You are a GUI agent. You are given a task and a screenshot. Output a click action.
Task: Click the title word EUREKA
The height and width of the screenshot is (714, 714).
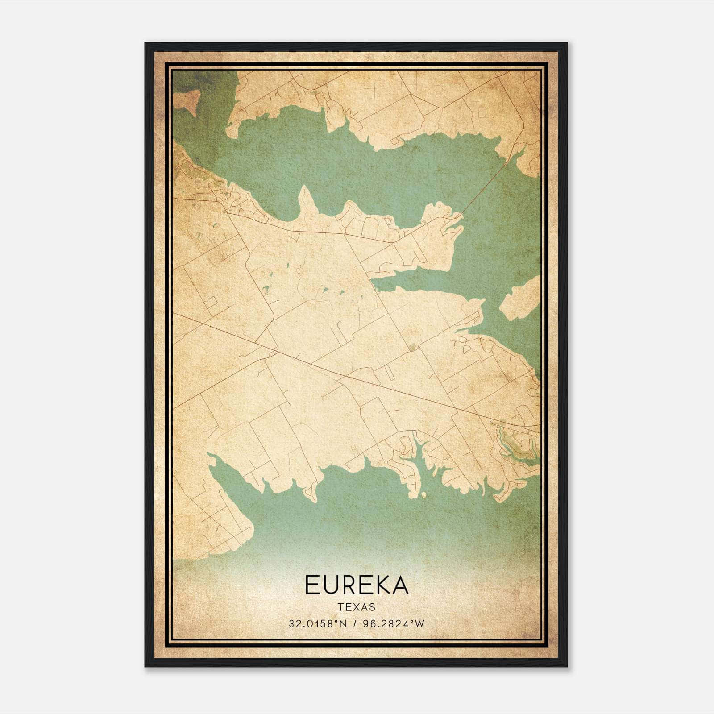356,585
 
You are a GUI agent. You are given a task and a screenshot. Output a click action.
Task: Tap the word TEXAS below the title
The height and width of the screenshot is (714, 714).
357,607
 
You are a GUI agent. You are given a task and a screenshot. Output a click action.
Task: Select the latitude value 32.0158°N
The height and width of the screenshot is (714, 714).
317,624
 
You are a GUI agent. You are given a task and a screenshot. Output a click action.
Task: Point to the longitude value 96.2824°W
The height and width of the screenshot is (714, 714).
392,624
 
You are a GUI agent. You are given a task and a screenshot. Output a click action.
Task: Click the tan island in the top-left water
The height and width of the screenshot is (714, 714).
187,101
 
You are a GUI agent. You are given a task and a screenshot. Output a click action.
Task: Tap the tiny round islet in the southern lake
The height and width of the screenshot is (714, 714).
423,494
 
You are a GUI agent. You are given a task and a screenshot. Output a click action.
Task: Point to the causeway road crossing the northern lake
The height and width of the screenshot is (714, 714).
486,187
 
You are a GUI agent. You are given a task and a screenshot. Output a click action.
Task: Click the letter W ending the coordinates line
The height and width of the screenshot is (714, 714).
419,624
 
